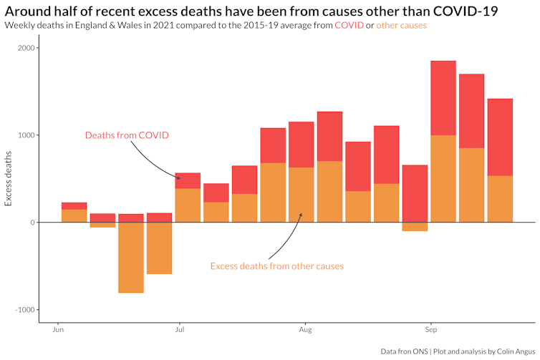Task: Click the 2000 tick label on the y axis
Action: click(26, 48)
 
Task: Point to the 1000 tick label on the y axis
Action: click(26, 135)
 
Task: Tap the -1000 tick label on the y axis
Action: click(25, 310)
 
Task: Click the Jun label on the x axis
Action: click(59, 331)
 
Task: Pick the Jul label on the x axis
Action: click(179, 331)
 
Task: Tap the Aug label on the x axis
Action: click(305, 331)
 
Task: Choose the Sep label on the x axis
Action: click(430, 331)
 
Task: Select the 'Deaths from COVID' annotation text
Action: click(127, 135)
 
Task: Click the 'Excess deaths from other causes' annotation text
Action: click(276, 266)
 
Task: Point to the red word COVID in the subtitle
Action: click(349, 25)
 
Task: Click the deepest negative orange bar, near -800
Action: click(131, 258)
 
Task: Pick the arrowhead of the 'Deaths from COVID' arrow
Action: click(179, 178)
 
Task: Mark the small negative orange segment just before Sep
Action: click(415, 227)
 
